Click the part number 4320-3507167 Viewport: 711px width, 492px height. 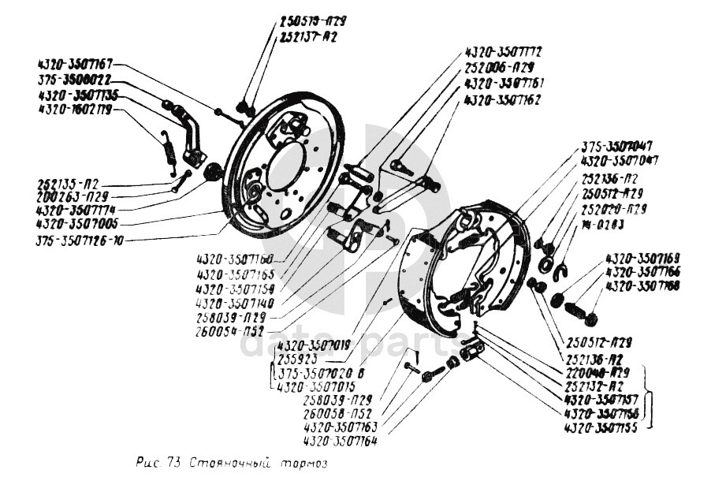point(76,63)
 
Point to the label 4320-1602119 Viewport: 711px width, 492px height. point(75,110)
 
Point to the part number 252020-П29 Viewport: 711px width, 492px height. point(614,209)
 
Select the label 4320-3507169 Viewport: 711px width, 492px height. point(642,258)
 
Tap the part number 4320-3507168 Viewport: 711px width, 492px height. point(642,285)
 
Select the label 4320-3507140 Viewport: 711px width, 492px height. point(234,303)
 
